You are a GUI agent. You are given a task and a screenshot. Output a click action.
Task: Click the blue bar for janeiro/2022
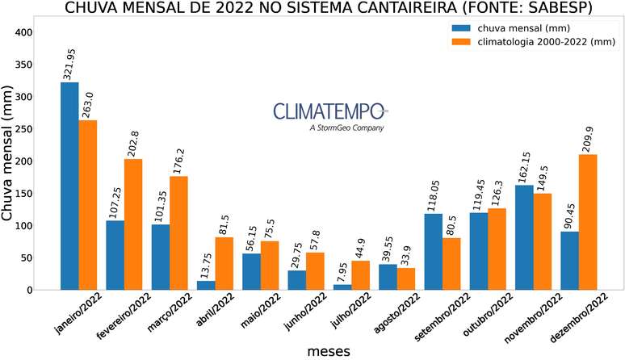(69, 186)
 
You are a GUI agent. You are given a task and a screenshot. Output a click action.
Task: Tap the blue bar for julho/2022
(342, 287)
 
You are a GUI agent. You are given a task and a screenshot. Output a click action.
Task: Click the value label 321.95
(69, 62)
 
